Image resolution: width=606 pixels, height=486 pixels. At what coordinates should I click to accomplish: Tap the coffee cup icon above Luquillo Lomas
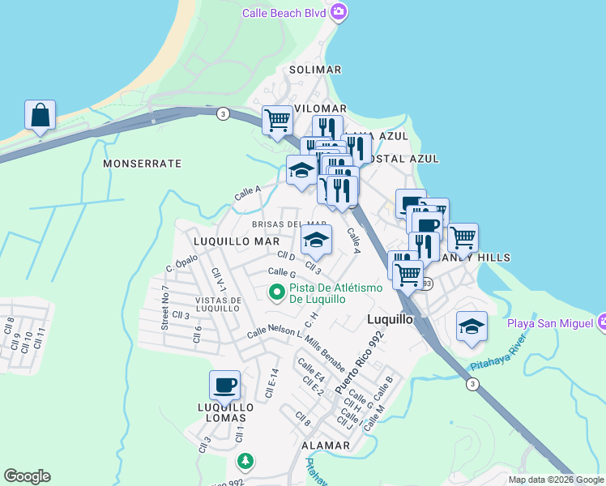pos(224,386)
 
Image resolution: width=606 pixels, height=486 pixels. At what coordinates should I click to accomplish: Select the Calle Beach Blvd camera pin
pos(339,12)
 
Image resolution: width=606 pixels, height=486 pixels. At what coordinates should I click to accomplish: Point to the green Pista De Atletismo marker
pos(276,292)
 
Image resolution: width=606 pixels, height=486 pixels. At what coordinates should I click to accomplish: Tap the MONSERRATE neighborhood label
pos(143,164)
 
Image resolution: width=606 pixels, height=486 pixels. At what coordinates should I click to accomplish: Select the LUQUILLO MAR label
pos(237,241)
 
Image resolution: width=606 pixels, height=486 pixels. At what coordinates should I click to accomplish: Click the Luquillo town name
pos(390,319)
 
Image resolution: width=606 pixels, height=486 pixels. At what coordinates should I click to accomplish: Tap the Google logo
pos(27,476)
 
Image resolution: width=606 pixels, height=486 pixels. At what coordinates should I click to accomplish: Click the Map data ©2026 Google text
pos(556,480)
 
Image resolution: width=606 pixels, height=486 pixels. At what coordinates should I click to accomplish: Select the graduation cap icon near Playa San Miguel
pos(472,326)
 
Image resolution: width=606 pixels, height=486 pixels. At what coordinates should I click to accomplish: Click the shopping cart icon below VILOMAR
pos(277,122)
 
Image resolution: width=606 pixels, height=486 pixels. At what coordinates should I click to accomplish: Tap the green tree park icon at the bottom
pos(245,461)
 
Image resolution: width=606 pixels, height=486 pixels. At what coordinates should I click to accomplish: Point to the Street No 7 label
pos(164,308)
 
